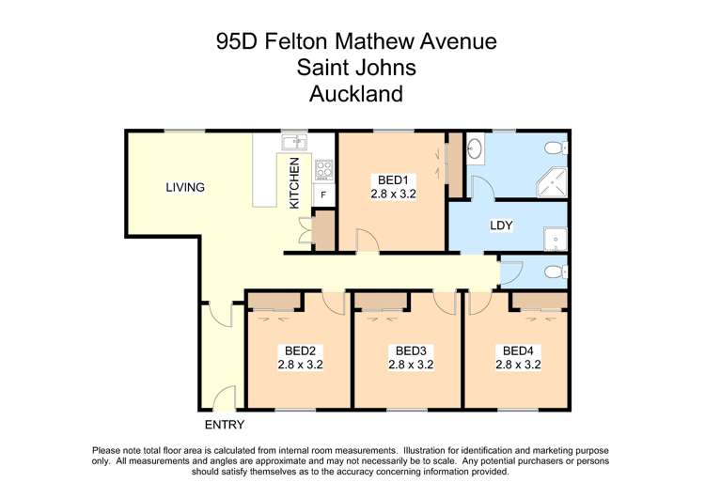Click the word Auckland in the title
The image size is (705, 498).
(x=356, y=94)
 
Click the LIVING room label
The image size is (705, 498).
(x=185, y=187)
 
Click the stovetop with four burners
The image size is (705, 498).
(x=323, y=170)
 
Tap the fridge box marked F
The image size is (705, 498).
(x=323, y=195)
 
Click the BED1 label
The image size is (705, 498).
(x=393, y=180)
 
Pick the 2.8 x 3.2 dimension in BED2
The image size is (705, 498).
(x=300, y=365)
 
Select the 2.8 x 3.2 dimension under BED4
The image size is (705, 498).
(x=518, y=365)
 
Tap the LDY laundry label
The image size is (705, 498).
(x=500, y=226)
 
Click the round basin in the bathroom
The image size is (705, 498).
(x=476, y=148)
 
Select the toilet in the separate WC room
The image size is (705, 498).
(x=557, y=272)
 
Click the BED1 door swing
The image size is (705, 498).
(x=368, y=242)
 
